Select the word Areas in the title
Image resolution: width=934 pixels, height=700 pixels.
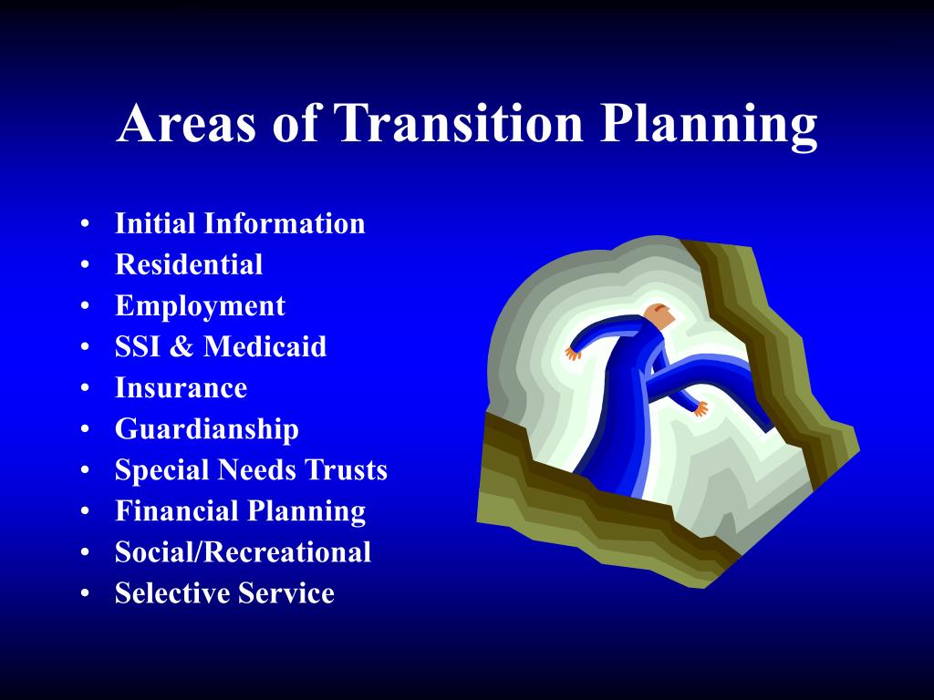coord(186,123)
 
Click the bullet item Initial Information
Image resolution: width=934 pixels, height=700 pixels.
coord(240,223)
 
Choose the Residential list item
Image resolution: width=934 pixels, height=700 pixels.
coord(189,264)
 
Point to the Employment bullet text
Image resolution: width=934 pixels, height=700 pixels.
coord(200,306)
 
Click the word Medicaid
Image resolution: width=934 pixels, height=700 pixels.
coord(265,346)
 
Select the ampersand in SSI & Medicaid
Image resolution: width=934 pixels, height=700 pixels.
coord(181,346)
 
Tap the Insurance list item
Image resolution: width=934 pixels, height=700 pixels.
coord(182,387)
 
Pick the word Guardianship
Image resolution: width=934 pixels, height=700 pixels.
coord(207,430)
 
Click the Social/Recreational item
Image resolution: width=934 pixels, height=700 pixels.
coord(243,551)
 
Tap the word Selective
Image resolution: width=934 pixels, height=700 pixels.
coord(172,592)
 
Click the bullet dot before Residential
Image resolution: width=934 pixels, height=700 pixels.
coord(85,264)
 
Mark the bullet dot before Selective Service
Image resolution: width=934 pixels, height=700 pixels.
coord(85,592)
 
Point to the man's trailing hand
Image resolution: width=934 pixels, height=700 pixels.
coord(573,354)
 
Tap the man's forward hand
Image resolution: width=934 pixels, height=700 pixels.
coord(700,409)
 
